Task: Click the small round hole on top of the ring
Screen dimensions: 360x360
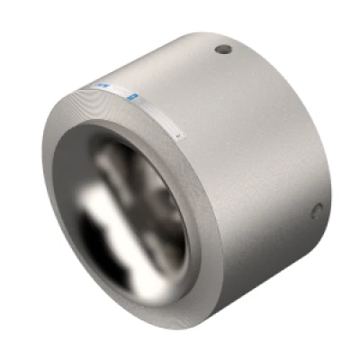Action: point(223,49)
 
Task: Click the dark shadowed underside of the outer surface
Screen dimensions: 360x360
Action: point(261,279)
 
